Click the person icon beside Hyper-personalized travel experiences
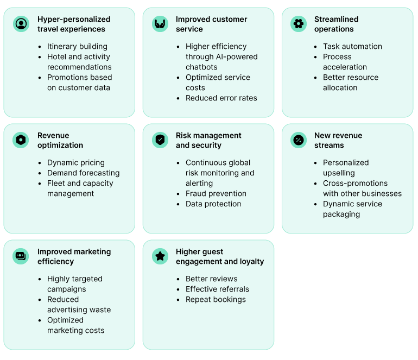click(x=21, y=24)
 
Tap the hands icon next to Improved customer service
click(x=160, y=24)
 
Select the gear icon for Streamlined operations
click(x=298, y=24)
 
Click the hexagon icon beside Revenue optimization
click(x=21, y=140)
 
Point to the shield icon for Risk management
click(x=160, y=140)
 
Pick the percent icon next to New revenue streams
click(x=298, y=140)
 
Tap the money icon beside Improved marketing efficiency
click(x=21, y=256)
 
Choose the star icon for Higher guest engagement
click(x=160, y=256)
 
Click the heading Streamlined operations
click(x=336, y=24)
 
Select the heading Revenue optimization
click(x=60, y=140)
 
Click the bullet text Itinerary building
click(x=77, y=47)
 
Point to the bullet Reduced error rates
click(x=221, y=98)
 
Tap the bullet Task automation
click(x=352, y=47)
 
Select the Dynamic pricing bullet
click(x=76, y=163)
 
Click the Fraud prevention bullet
click(x=216, y=194)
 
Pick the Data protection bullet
click(x=213, y=204)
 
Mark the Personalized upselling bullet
click(x=346, y=168)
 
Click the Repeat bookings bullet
click(x=216, y=300)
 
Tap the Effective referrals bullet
click(x=217, y=289)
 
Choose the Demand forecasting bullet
click(x=83, y=173)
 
